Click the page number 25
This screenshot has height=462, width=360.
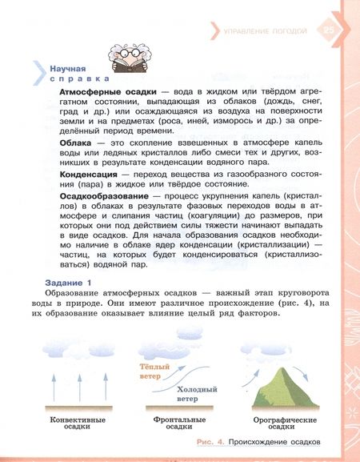tap(330, 30)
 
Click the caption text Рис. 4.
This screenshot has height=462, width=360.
tap(211, 442)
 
